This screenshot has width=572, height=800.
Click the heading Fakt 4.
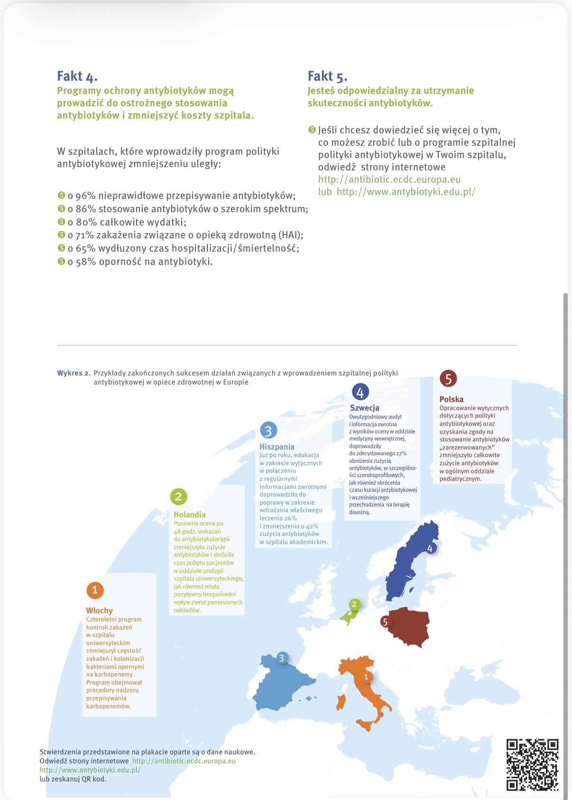[77, 76]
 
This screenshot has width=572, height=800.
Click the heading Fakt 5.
[327, 76]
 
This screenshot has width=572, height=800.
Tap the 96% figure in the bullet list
[86, 196]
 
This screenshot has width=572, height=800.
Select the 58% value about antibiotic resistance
[86, 262]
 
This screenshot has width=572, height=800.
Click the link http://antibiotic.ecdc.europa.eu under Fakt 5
[389, 179]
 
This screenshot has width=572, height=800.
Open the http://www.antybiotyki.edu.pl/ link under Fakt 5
[406, 192]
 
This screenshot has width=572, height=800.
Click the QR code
[532, 764]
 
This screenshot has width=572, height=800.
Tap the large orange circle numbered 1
[95, 590]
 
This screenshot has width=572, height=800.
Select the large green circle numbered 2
[178, 497]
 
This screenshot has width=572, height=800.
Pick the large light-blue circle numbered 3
[268, 431]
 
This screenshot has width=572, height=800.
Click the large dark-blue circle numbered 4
[360, 392]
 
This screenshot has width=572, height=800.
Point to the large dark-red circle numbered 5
[448, 378]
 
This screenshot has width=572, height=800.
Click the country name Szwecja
[364, 408]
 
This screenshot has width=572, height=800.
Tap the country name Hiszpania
[277, 447]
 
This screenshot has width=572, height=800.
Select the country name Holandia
[189, 515]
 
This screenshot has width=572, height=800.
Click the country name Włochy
[99, 611]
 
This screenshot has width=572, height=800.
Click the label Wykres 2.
[74, 373]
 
